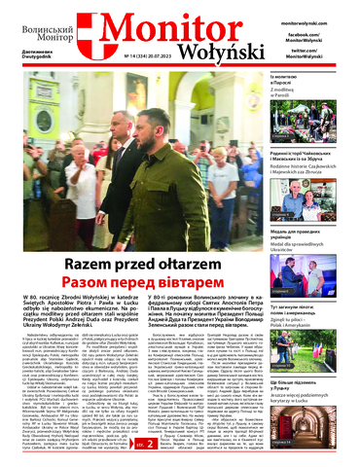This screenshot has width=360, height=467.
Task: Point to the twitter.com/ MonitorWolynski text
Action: coord(317,52)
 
